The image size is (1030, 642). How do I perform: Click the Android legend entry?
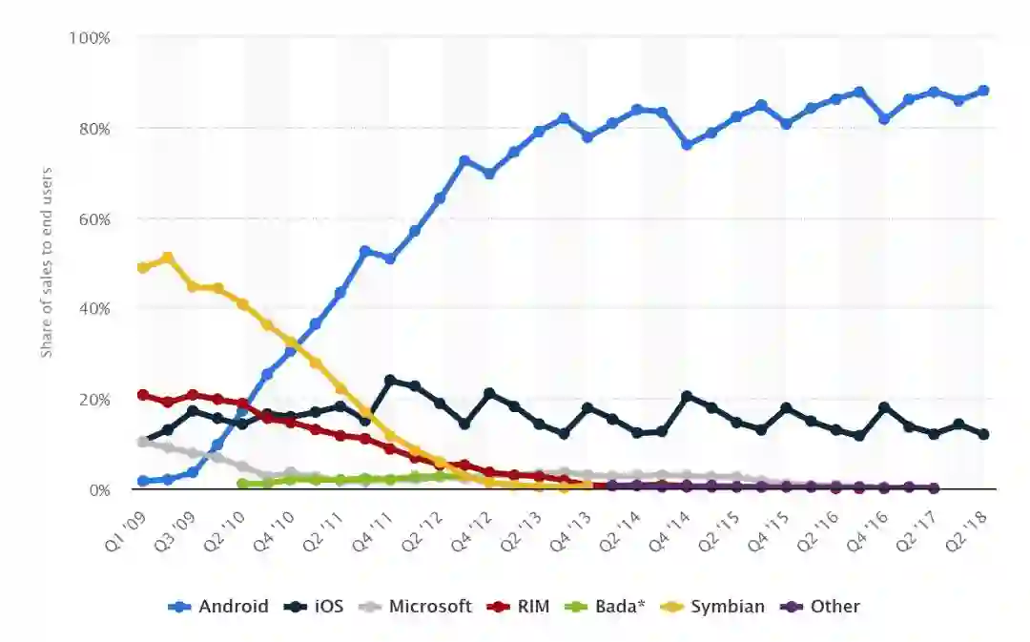click(x=218, y=607)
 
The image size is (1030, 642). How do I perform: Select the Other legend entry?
click(x=823, y=607)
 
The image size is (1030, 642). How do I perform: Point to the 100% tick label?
click(x=90, y=38)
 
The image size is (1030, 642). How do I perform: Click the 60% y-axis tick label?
click(x=93, y=218)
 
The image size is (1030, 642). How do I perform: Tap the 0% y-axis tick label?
click(x=97, y=490)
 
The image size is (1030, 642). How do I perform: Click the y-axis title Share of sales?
click(x=47, y=262)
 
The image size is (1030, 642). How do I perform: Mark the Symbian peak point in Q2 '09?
click(x=168, y=258)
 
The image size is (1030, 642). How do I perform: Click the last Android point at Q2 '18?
click(x=983, y=91)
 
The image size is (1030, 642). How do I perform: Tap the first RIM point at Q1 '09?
click(x=143, y=395)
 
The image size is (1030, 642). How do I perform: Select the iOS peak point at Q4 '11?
click(x=390, y=381)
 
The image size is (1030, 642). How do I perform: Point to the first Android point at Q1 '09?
click(x=143, y=482)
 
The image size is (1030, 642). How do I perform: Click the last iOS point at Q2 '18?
click(x=983, y=434)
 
